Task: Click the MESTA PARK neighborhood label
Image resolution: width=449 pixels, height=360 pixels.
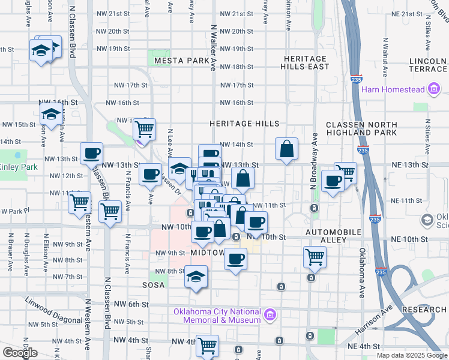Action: [x=182, y=61]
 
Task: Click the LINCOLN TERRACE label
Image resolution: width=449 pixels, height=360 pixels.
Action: [x=428, y=65]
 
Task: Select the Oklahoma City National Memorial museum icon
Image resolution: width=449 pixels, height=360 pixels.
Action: [x=270, y=313]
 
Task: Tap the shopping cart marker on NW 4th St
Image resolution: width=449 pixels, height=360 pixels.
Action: [x=207, y=345]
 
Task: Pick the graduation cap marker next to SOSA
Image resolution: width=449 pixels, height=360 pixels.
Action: [x=195, y=277]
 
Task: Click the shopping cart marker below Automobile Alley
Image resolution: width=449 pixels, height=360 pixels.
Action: [x=315, y=257]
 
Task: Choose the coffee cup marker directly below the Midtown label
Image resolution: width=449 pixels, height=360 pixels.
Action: [x=235, y=259]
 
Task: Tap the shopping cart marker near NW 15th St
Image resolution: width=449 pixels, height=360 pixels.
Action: [x=144, y=128]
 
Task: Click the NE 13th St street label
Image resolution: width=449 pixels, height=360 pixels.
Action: [x=411, y=164]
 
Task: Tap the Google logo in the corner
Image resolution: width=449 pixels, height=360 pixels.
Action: [x=20, y=353]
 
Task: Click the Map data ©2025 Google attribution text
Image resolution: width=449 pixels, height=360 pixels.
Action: [x=411, y=355]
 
